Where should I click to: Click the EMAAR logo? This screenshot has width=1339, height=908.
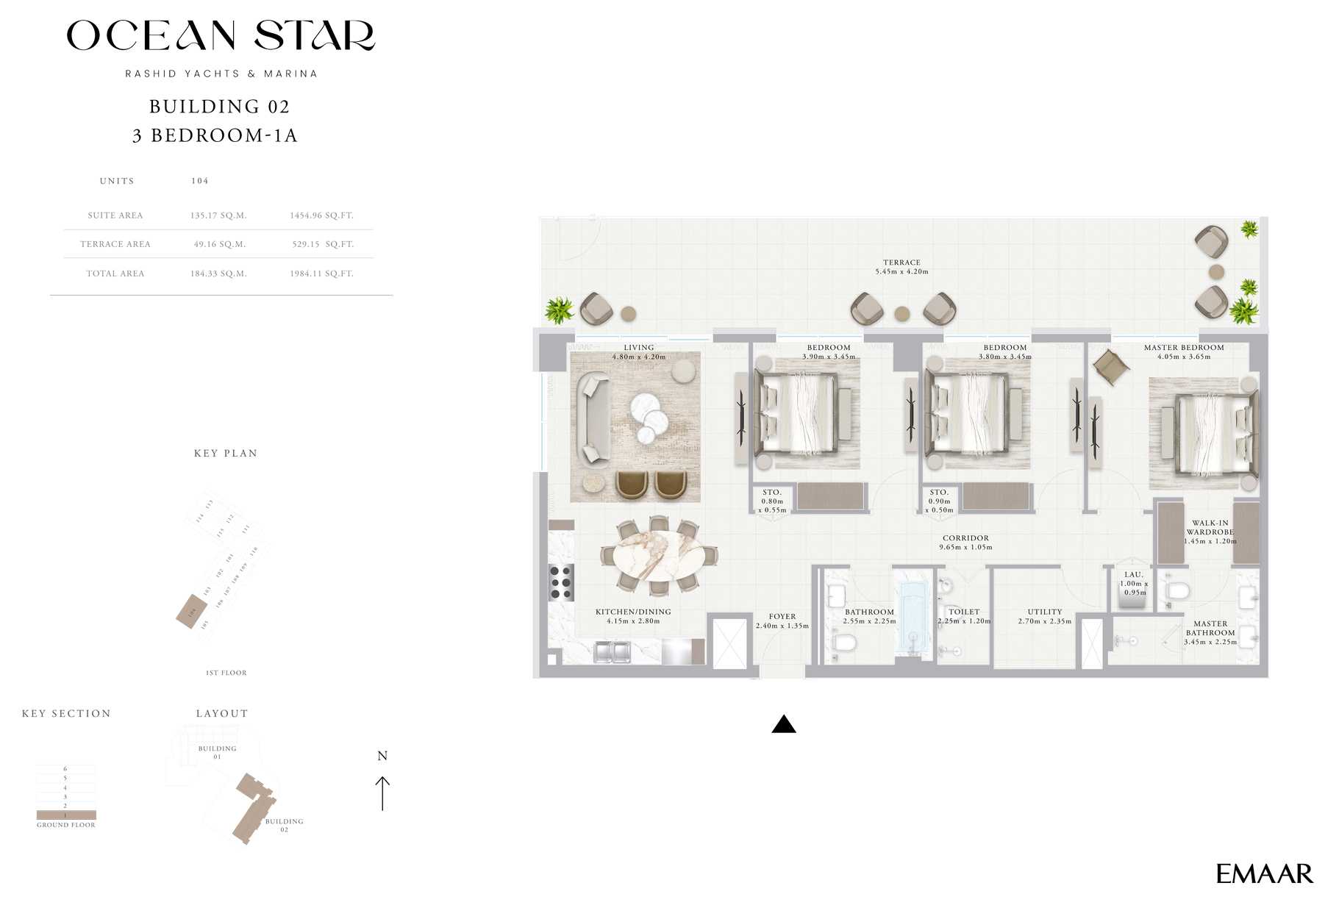pyautogui.click(x=1263, y=873)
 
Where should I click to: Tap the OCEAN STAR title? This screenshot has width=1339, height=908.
pyautogui.click(x=221, y=35)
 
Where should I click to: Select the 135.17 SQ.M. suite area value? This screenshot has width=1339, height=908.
pyautogui.click(x=218, y=215)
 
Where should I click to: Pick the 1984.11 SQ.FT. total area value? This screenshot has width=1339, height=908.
pyautogui.click(x=321, y=274)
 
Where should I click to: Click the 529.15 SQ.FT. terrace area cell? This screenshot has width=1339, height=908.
pyautogui.click(x=322, y=244)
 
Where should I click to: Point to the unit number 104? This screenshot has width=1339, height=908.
pyautogui.click(x=200, y=181)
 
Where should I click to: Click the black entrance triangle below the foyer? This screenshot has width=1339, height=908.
pyautogui.click(x=784, y=725)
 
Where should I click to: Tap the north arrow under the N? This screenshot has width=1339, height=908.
pyautogui.click(x=382, y=793)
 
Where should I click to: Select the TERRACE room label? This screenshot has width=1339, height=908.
pyautogui.click(x=901, y=262)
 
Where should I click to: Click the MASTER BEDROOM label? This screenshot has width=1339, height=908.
pyautogui.click(x=1184, y=348)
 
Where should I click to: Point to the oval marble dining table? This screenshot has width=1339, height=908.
pyautogui.click(x=659, y=554)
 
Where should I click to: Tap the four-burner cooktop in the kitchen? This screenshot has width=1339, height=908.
pyautogui.click(x=561, y=582)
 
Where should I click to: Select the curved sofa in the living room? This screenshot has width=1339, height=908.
pyautogui.click(x=593, y=420)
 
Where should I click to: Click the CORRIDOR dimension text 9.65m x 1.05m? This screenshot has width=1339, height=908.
pyautogui.click(x=965, y=547)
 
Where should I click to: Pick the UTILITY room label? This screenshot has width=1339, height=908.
pyautogui.click(x=1045, y=612)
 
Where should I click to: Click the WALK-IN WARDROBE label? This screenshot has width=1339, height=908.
pyautogui.click(x=1210, y=528)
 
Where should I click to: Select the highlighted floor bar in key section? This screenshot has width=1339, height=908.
pyautogui.click(x=66, y=815)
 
